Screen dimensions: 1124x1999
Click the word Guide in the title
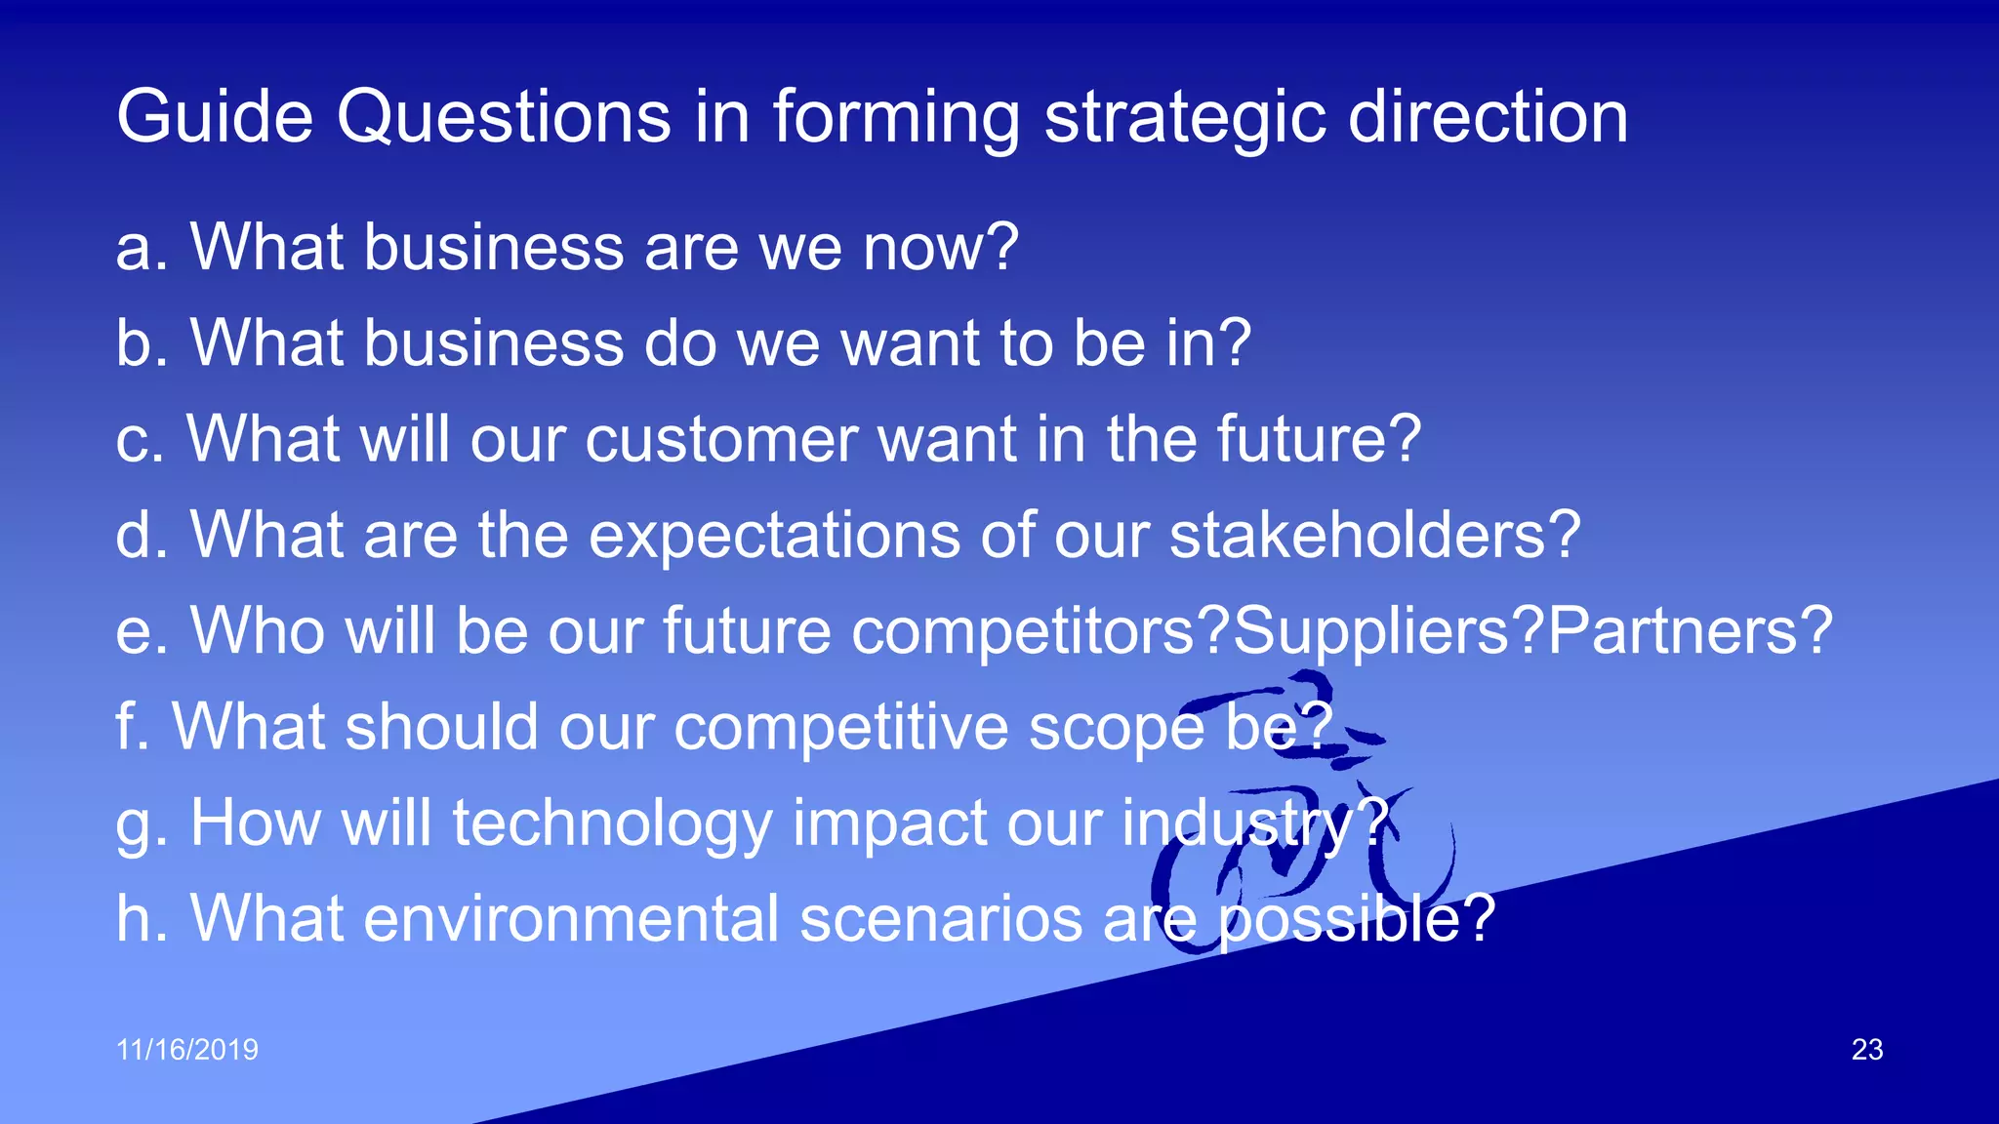click(x=214, y=117)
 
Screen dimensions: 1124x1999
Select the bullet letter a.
click(x=135, y=249)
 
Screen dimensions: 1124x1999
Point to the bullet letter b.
click(x=135, y=343)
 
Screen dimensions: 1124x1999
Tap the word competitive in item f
click(x=840, y=728)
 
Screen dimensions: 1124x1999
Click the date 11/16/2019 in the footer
click(x=187, y=1050)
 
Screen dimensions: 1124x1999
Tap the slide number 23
click(x=1866, y=1050)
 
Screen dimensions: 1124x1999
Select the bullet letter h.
click(x=135, y=919)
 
